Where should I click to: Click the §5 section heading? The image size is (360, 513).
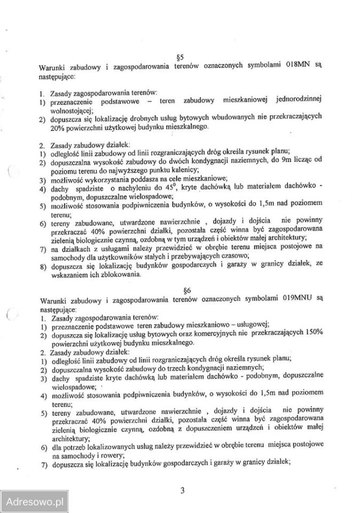click(179, 56)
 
